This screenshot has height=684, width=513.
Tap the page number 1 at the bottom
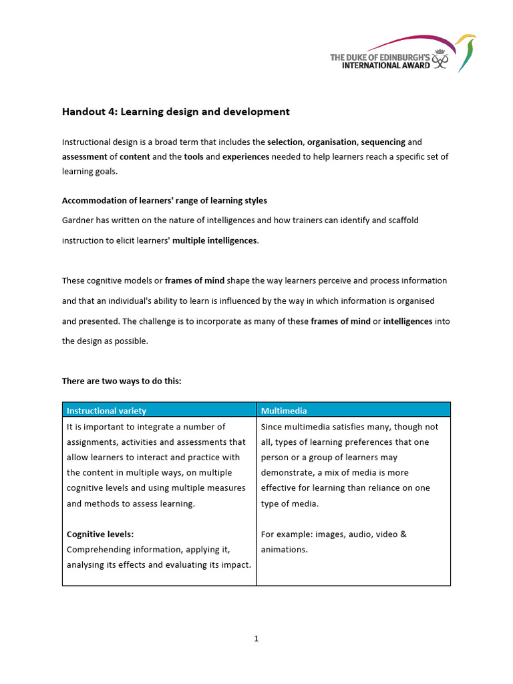(x=256, y=639)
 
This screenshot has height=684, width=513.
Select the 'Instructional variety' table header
(x=106, y=411)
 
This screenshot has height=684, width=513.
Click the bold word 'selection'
(x=285, y=142)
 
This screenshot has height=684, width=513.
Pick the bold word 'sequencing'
(x=383, y=142)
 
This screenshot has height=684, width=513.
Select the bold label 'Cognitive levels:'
(x=100, y=534)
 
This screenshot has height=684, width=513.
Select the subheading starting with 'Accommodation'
(x=164, y=200)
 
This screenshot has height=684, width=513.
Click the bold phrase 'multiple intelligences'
(x=214, y=240)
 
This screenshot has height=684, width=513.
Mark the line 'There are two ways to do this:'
(x=122, y=381)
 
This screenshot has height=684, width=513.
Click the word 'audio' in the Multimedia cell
(x=355, y=534)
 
